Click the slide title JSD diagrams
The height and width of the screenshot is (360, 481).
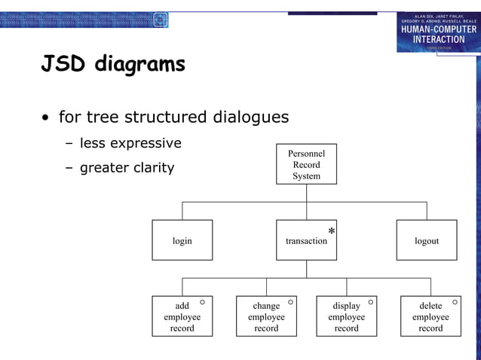(x=113, y=66)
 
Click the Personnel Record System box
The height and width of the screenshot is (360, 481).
(x=306, y=164)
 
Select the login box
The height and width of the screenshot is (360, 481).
(x=182, y=240)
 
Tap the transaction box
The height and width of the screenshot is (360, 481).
(x=306, y=240)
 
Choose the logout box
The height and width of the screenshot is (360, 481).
(x=426, y=240)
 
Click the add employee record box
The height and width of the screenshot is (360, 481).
(x=182, y=316)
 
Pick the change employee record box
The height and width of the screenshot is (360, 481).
(x=266, y=316)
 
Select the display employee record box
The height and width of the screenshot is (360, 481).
(x=346, y=316)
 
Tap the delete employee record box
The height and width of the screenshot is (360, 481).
(x=430, y=316)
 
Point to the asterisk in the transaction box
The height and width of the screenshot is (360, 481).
(x=331, y=231)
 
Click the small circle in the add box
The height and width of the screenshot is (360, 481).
(x=202, y=302)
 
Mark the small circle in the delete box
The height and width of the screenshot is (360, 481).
(x=455, y=302)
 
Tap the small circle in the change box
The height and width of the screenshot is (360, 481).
(x=290, y=302)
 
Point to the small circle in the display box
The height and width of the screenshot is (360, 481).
(x=370, y=302)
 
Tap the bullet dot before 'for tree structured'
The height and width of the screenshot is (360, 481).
(x=47, y=119)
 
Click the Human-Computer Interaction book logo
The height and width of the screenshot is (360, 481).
(x=438, y=32)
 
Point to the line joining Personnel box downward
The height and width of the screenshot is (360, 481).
(x=306, y=193)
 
